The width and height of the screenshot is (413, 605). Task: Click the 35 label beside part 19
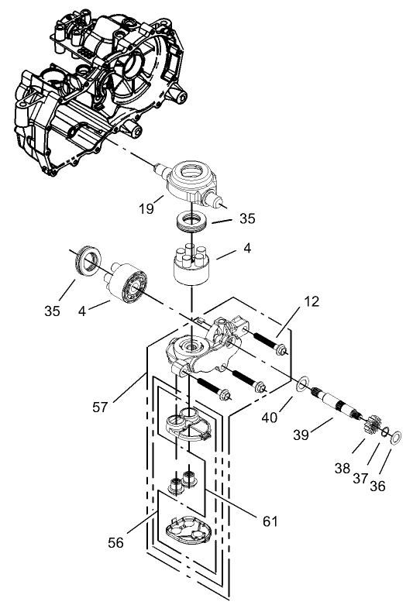click(246, 218)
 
